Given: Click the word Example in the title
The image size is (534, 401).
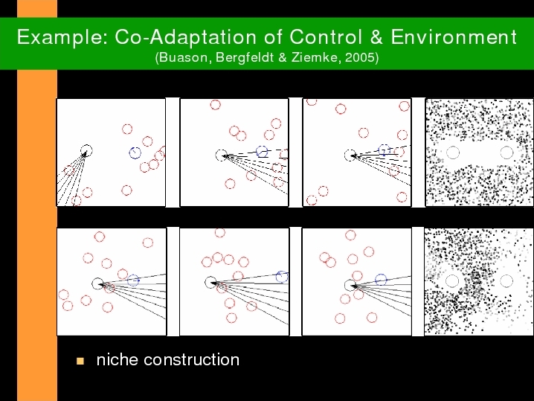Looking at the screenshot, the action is (x=62, y=37).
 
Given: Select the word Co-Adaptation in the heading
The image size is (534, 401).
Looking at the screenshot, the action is (x=185, y=36).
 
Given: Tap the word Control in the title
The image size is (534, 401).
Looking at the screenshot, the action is (x=326, y=36).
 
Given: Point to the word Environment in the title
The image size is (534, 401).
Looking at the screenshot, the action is (x=454, y=36).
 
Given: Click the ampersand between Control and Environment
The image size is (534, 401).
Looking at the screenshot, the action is (x=376, y=36).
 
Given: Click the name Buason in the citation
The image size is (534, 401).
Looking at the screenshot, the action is (x=183, y=57).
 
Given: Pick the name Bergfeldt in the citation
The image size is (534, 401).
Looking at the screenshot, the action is (x=245, y=57).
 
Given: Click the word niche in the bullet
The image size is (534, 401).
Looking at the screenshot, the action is (x=115, y=360).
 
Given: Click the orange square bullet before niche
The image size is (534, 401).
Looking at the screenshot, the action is (x=80, y=361).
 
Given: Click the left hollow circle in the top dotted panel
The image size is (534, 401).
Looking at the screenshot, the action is (x=446, y=153).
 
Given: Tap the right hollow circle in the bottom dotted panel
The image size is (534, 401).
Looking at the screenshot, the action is (x=501, y=281).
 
